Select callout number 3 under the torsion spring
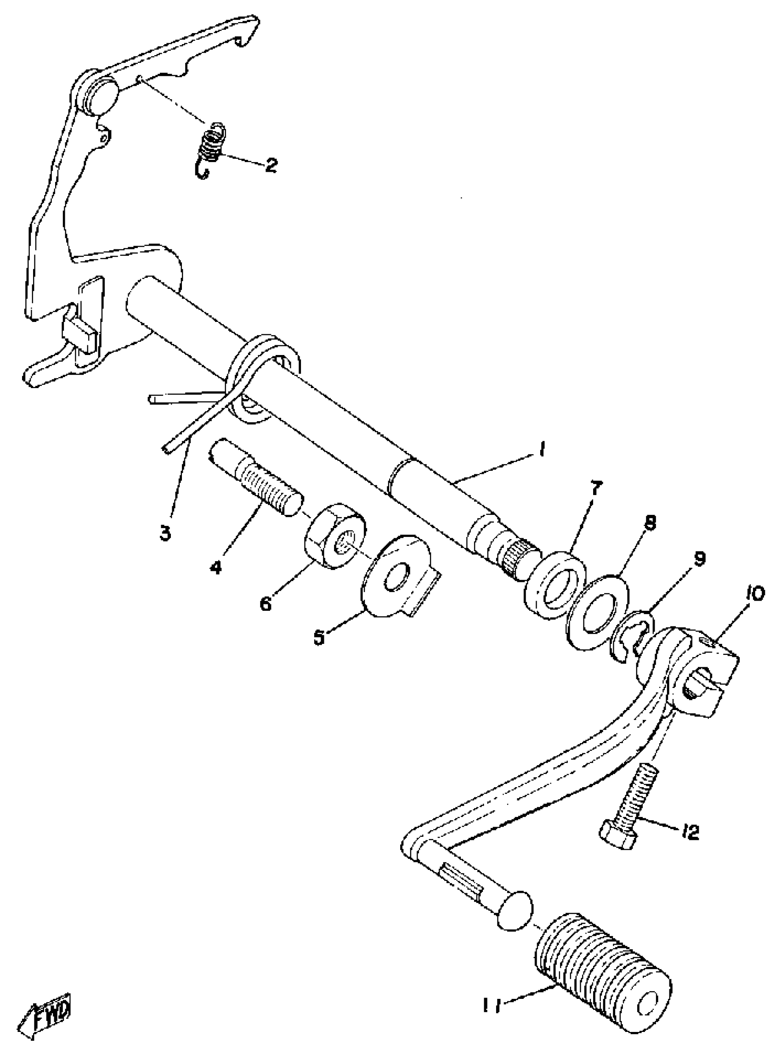tap(164, 534)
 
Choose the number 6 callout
tap(266, 603)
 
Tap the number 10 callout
tap(755, 594)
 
